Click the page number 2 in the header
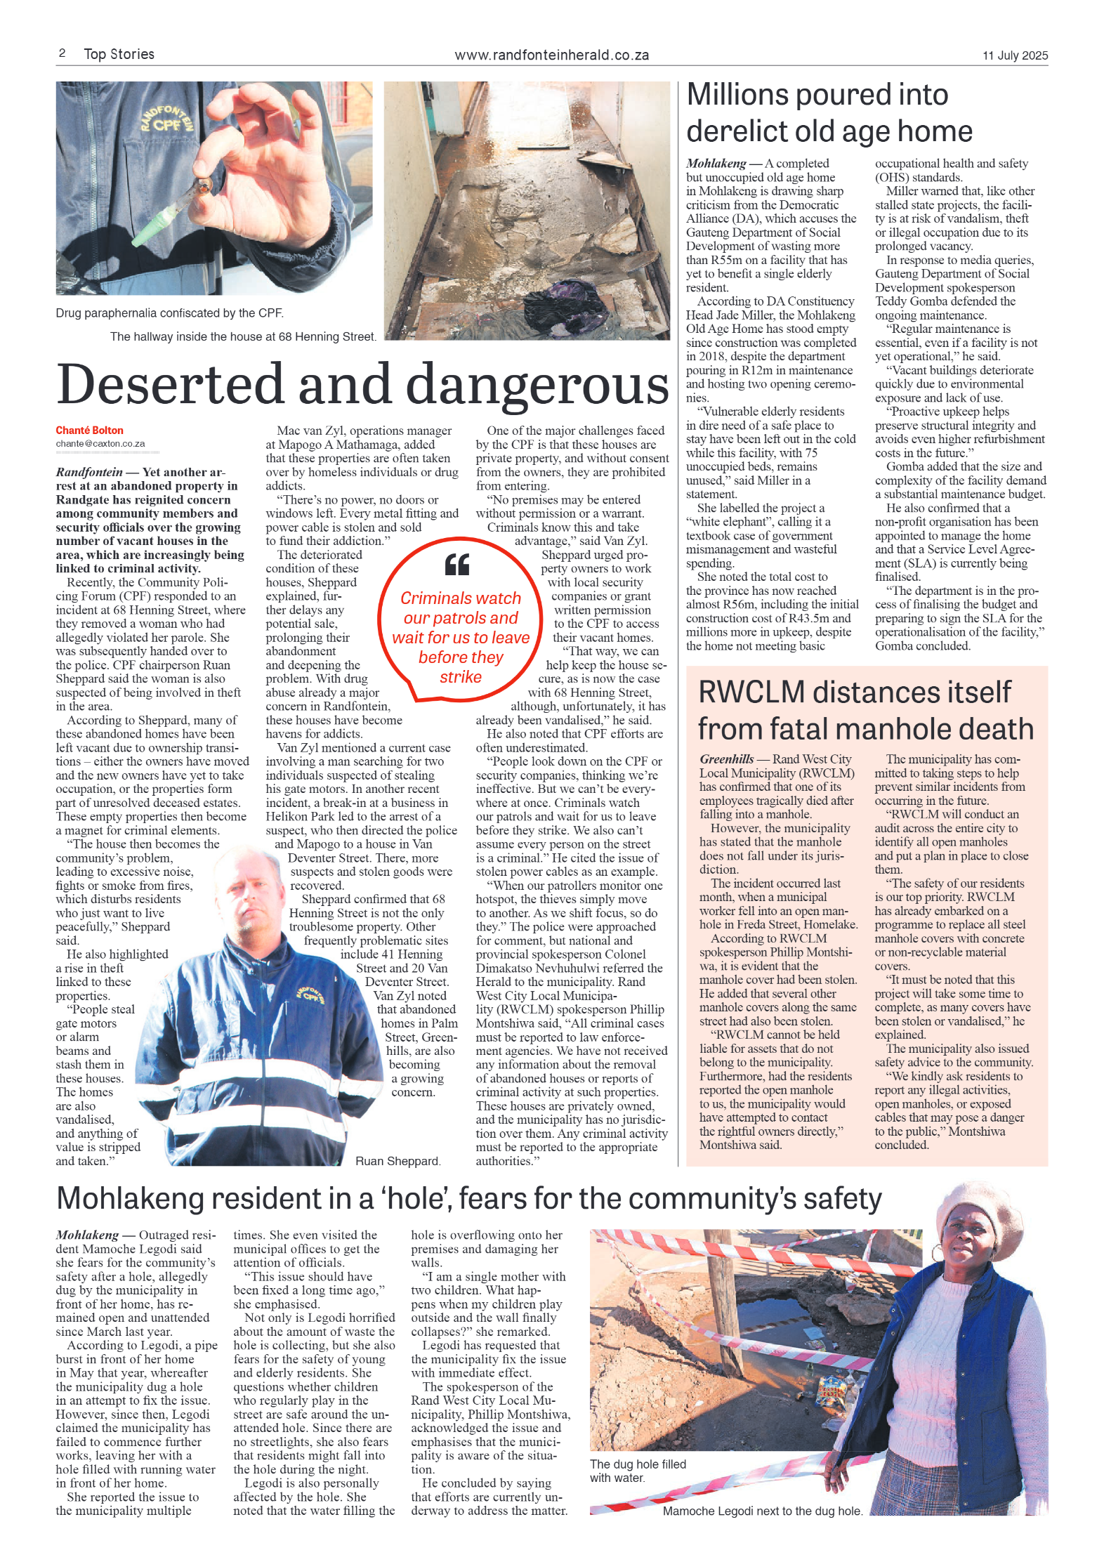point(62,53)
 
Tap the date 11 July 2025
point(1014,55)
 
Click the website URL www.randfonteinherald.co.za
point(551,55)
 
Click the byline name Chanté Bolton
point(89,431)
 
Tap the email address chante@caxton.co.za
point(100,444)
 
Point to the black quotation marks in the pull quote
point(457,564)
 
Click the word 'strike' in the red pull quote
point(461,677)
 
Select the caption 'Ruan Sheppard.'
point(397,1161)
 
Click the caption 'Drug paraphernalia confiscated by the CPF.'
point(169,313)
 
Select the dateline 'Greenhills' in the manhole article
point(726,759)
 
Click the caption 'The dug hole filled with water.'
point(637,1471)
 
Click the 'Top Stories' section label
point(119,54)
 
